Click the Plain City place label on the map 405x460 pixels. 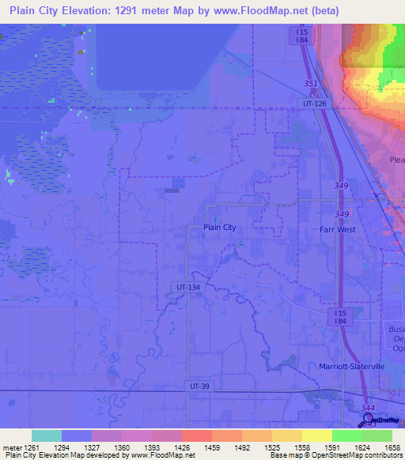pos(220,228)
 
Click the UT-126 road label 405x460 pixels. pos(314,103)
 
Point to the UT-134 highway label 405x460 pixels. pos(185,288)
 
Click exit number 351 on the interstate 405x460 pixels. pos(312,83)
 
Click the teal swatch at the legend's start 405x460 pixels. pos(46,435)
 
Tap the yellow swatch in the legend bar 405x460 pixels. pos(316,435)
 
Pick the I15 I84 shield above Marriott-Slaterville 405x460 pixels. pos(339,316)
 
